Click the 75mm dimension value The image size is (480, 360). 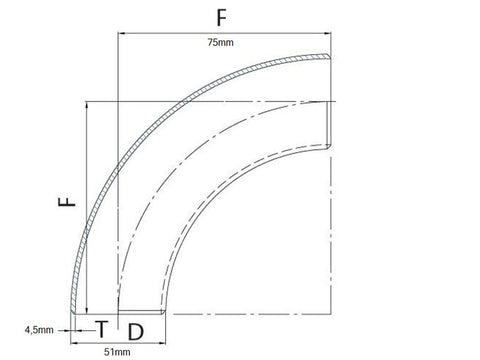tap(220, 42)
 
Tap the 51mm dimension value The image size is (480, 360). tap(117, 352)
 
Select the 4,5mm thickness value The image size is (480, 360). tap(39, 330)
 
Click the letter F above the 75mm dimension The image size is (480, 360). tap(221, 18)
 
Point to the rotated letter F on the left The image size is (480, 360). tap(67, 202)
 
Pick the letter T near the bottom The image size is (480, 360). tap(102, 329)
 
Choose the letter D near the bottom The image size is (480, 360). tap(136, 332)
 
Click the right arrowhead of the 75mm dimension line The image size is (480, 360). tap(328, 33)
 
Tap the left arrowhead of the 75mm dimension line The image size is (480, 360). tap(122, 33)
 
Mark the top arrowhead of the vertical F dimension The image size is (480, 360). tap(87, 105)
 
